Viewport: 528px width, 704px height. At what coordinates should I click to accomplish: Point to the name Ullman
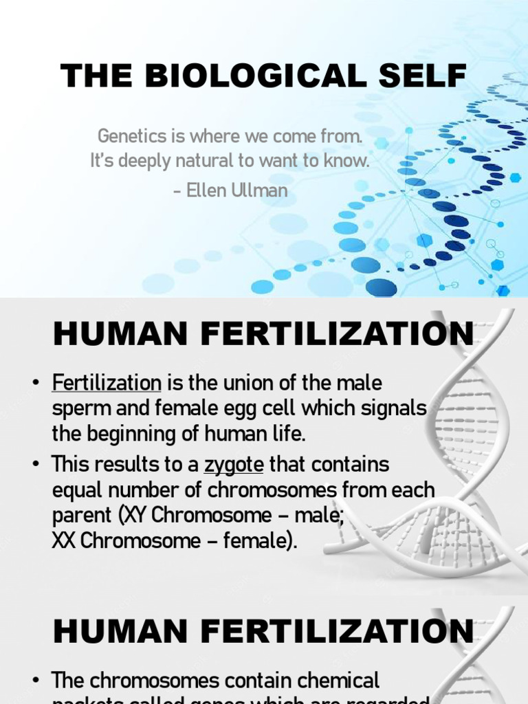(x=261, y=190)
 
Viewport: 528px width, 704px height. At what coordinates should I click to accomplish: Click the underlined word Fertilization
(x=107, y=382)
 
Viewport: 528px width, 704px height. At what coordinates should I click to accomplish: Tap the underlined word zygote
(x=234, y=465)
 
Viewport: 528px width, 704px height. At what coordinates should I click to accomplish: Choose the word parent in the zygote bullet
(x=76, y=516)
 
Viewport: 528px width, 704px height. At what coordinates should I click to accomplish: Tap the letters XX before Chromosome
(x=64, y=540)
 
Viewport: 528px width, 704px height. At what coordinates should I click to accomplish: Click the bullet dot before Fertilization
(x=36, y=383)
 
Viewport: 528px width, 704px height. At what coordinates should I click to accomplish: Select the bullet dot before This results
(x=36, y=465)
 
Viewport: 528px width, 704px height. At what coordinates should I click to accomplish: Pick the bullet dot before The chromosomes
(x=36, y=681)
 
